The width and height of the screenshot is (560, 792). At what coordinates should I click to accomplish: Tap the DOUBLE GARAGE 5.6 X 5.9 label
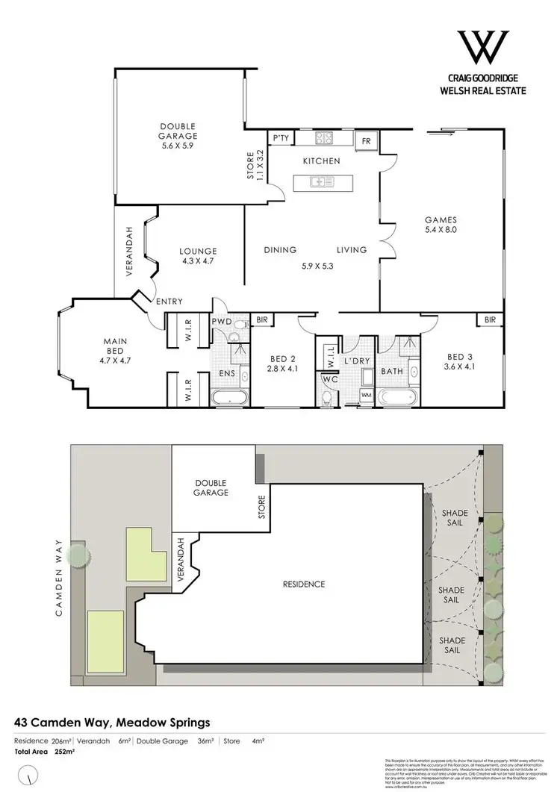[x=178, y=136]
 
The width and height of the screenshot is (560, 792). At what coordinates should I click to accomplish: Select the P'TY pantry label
[x=281, y=138]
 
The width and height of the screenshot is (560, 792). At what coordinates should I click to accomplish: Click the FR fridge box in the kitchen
[x=367, y=140]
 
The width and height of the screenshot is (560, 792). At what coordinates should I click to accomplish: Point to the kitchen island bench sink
[x=318, y=180]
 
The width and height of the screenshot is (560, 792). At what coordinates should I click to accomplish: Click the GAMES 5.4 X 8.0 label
[x=440, y=225]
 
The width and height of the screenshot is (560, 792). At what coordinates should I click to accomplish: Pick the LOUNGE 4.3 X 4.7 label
[x=198, y=257]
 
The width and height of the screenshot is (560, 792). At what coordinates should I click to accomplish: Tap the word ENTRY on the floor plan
[x=170, y=301]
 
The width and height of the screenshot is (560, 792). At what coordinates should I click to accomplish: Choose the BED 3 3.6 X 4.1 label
[x=460, y=361]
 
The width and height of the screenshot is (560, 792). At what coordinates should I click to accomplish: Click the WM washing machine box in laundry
[x=366, y=394]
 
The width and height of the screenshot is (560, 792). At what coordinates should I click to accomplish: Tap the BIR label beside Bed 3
[x=490, y=319]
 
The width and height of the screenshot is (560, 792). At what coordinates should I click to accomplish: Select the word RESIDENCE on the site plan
[x=304, y=584]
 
